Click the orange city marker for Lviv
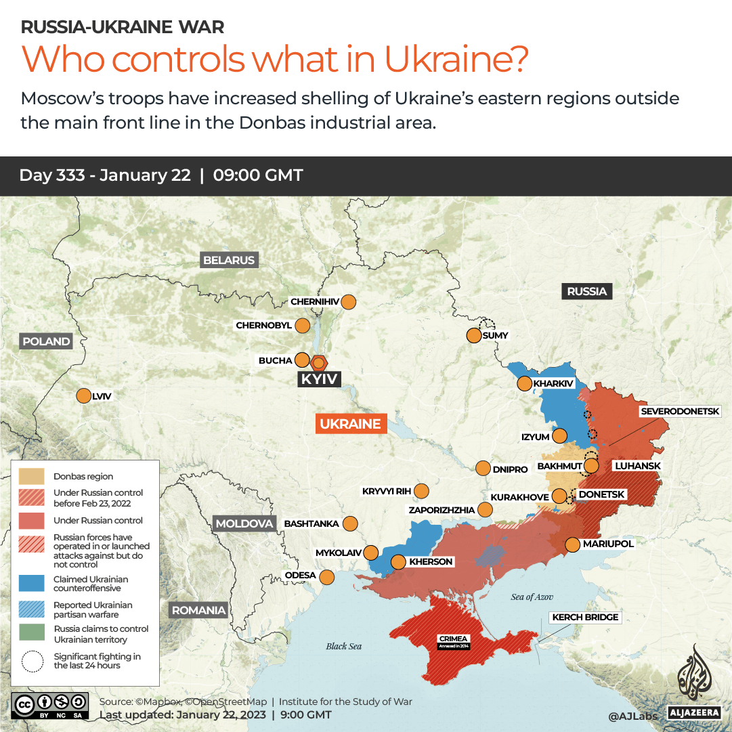click(84, 396)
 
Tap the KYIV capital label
click(319, 379)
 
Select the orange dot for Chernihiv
click(349, 302)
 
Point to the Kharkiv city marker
click(524, 384)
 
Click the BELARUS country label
click(229, 260)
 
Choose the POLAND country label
click(46, 341)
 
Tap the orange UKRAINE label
click(350, 424)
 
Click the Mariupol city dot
click(572, 544)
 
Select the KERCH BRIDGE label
click(585, 617)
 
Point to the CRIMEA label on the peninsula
click(453, 639)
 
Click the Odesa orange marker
click(326, 577)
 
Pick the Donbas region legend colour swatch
click(32, 476)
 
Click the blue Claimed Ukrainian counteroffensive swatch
click(32, 584)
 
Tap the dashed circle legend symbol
click(32, 661)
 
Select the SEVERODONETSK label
click(685, 411)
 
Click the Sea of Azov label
click(532, 597)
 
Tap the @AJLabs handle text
click(632, 715)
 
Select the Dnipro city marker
click(483, 468)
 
